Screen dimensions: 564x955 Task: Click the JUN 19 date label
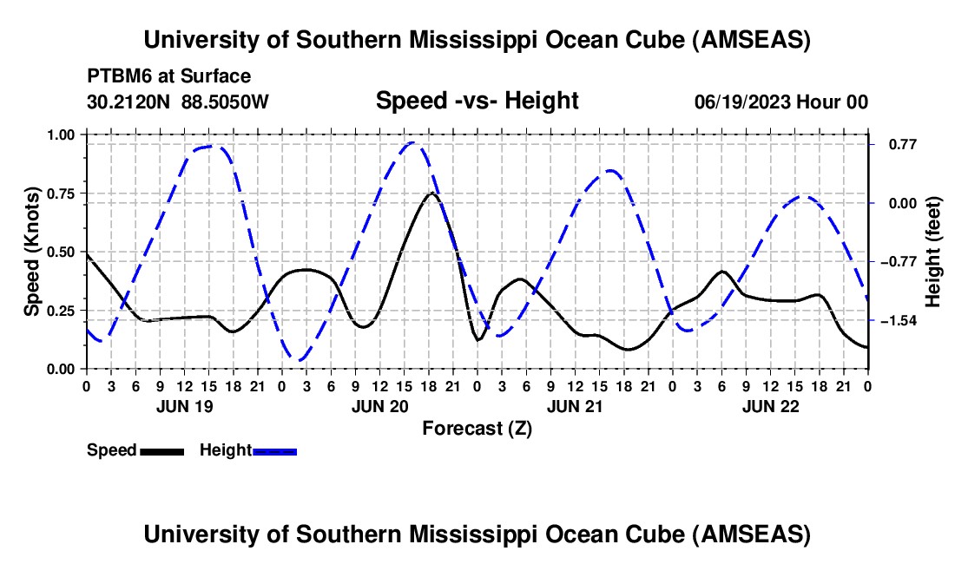183,406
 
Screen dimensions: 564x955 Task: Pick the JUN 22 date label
770,406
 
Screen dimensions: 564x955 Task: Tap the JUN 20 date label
379,406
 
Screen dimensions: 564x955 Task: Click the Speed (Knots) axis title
32,252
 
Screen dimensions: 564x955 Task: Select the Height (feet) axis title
933,252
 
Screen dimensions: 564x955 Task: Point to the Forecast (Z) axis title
477,428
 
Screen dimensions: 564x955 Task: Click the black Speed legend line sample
161,450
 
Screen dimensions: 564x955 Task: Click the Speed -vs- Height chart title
477,101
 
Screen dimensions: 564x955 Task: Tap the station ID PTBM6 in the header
115,76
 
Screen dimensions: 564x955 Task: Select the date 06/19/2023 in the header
741,102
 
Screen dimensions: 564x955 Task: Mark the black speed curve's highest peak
431,193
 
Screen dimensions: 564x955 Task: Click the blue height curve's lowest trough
300,360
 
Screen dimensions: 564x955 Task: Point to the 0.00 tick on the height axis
895,203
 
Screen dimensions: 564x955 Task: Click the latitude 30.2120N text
129,102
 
